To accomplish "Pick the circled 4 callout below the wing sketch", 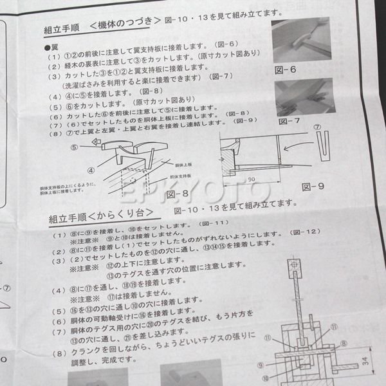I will (x=91, y=170).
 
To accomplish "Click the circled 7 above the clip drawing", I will (x=326, y=127).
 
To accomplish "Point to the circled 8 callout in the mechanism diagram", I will (x=344, y=344).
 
